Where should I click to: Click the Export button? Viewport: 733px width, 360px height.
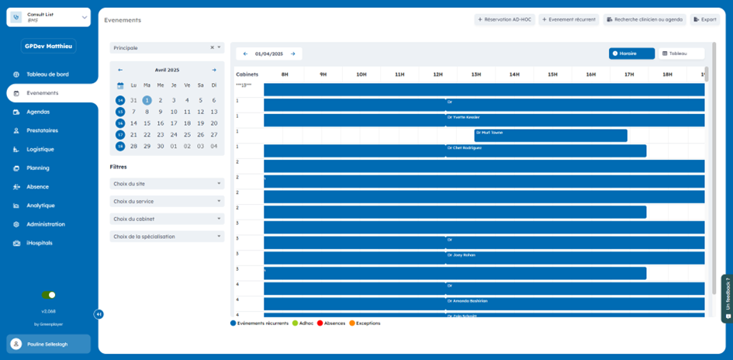705,19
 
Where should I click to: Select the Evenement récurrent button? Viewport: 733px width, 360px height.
569,19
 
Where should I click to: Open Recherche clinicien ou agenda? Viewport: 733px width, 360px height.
645,19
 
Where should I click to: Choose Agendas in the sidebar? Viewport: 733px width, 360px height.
38,112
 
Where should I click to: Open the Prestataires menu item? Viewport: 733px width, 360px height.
42,130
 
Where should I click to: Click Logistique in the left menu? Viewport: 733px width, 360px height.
40,149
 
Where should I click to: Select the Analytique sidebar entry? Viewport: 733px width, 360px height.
40,206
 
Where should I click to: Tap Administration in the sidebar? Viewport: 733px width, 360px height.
45,224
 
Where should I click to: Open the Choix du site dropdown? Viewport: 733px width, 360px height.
167,184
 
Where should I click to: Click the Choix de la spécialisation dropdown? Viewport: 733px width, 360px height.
167,237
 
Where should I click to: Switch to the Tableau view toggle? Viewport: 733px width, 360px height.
681,54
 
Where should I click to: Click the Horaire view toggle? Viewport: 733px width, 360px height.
631,54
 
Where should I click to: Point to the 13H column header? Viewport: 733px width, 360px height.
475,74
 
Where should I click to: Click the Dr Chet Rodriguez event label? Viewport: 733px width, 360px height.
465,147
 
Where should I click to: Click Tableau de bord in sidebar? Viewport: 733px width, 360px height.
47,74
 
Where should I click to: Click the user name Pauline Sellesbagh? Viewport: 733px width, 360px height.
48,344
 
